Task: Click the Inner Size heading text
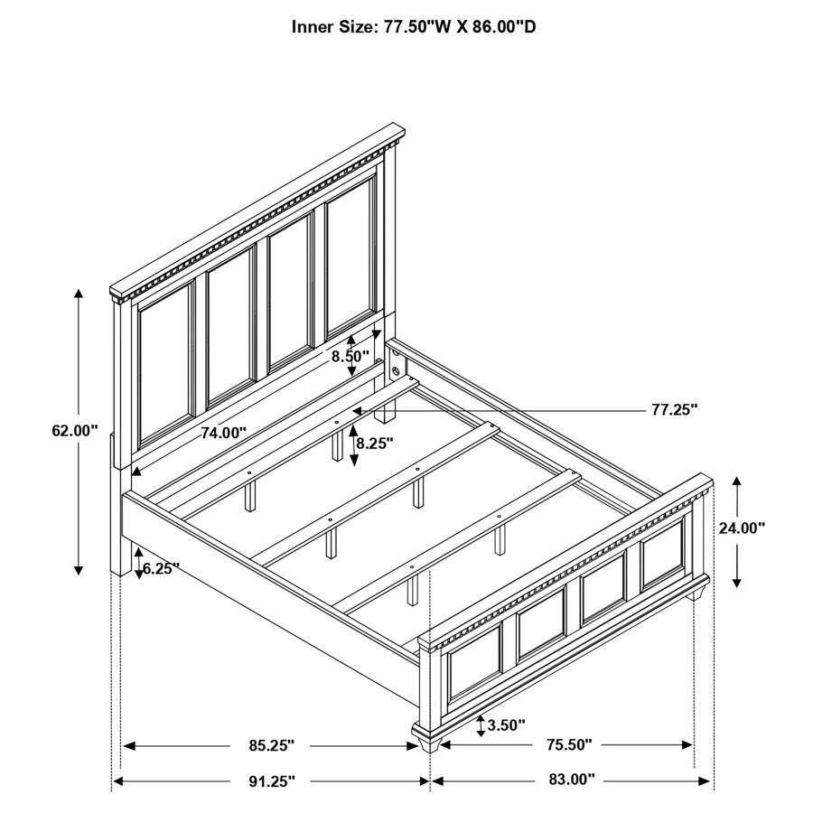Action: coord(413,26)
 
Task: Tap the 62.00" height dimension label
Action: coord(74,432)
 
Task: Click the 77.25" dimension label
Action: coord(674,409)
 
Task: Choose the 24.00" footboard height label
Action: coord(742,528)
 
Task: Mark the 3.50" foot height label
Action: coord(506,724)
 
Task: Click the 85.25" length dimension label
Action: coord(271,745)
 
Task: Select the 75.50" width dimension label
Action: coord(568,745)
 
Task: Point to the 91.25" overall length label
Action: coord(271,780)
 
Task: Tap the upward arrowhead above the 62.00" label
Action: coord(79,294)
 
